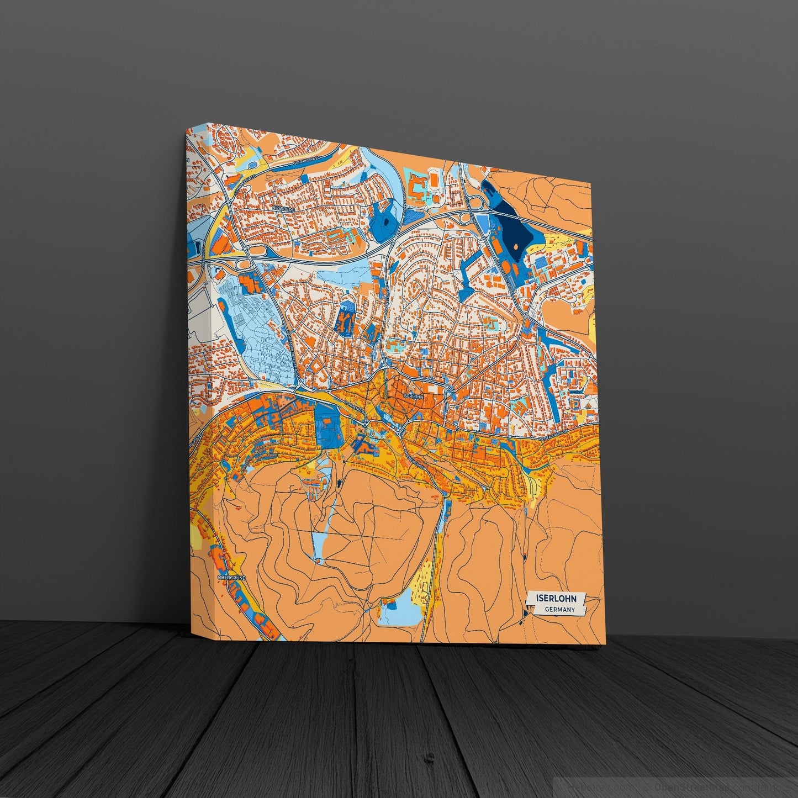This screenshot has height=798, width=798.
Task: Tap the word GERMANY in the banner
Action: [x=559, y=610]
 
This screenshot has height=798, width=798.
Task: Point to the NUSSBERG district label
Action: [x=284, y=209]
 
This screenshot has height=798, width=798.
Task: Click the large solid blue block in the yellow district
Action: [x=328, y=427]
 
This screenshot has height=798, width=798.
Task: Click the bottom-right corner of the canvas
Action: [x=606, y=644]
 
